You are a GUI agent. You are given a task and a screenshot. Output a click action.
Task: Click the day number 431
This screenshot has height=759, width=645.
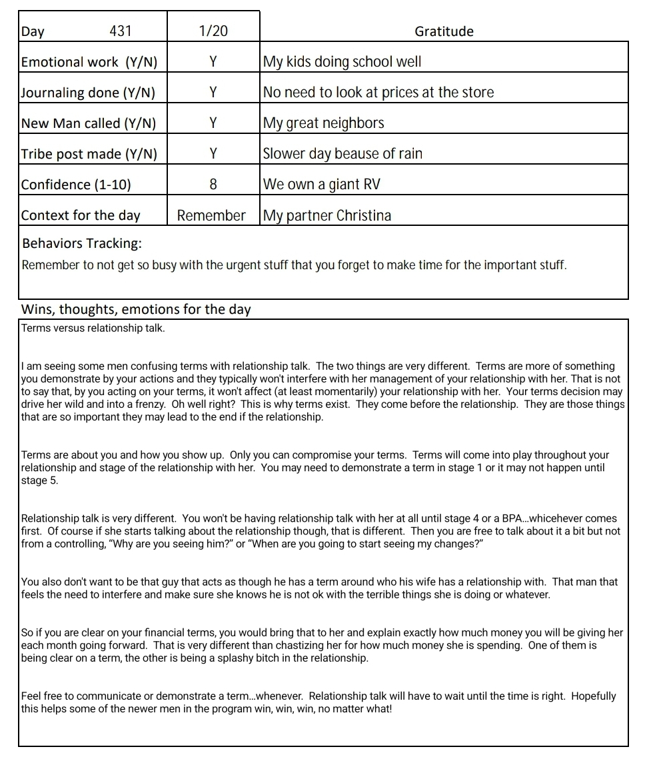[x=120, y=31]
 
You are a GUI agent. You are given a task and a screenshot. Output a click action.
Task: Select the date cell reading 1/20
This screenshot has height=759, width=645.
[x=213, y=31]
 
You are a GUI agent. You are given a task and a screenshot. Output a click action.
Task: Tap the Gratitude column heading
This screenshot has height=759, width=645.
[x=444, y=31]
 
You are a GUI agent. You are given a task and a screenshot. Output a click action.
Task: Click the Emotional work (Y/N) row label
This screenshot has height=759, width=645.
[x=89, y=62]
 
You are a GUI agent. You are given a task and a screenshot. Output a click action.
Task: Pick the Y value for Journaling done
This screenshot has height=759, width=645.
[x=213, y=93]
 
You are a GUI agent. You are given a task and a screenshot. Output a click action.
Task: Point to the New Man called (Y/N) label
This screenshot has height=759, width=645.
[x=89, y=123]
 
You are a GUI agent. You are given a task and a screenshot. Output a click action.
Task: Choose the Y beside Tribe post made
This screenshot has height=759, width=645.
[x=213, y=154]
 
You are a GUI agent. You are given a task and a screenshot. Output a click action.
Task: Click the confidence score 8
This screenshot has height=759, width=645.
[x=213, y=185]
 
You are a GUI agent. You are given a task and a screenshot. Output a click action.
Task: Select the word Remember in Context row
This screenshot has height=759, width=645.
[x=211, y=215]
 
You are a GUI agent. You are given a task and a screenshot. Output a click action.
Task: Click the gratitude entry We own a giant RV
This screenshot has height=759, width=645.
[x=322, y=185]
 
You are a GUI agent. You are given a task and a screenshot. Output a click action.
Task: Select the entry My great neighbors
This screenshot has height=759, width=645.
[x=324, y=123]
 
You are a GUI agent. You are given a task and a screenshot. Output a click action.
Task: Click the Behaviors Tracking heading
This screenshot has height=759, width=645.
[x=82, y=243]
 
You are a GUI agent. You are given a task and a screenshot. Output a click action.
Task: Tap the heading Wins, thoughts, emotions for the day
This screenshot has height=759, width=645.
[x=136, y=309]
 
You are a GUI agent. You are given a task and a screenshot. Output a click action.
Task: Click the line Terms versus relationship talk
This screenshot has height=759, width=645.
[x=93, y=328]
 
